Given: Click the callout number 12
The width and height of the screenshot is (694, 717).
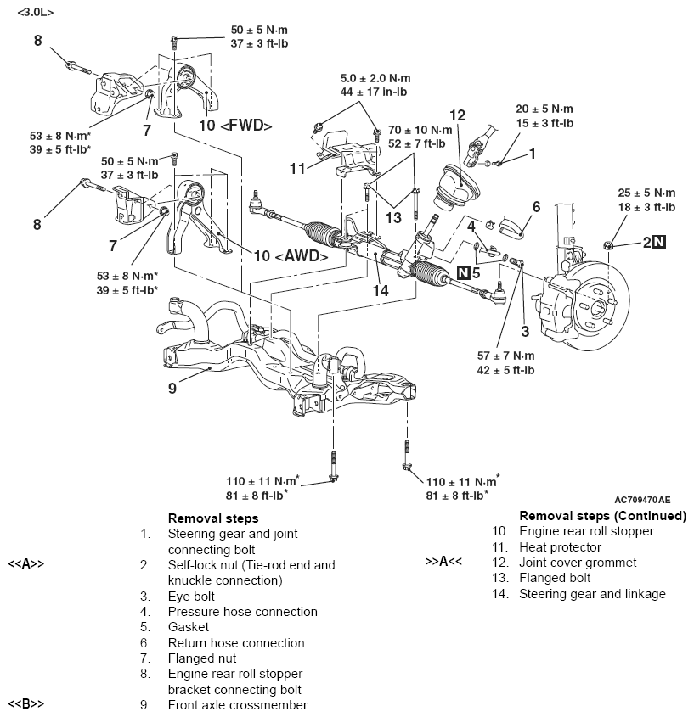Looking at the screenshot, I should [x=457, y=115].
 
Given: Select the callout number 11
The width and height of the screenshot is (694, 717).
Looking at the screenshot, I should [x=296, y=169].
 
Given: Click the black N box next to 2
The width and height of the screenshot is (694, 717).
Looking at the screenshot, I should [x=659, y=243].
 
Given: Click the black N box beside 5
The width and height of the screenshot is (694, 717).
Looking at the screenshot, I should [x=463, y=272].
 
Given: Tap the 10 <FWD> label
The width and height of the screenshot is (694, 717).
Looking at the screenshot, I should [x=236, y=126].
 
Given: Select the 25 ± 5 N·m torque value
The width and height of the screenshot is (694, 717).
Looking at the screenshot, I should [x=646, y=193].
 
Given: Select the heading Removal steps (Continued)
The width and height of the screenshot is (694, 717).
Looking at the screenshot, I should [x=602, y=515].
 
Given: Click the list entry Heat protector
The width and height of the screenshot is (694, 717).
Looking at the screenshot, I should [x=560, y=546].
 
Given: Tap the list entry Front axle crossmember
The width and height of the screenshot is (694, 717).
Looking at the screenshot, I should [x=237, y=705].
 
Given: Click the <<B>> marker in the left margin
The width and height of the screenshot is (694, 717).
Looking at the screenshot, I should [x=25, y=705].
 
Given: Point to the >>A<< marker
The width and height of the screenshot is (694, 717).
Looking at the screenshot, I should [x=443, y=563].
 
